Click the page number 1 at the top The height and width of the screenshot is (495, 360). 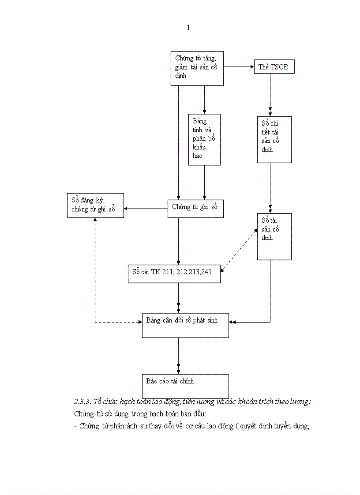tap(188, 28)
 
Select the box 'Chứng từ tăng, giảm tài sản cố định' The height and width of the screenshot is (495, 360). tap(197, 68)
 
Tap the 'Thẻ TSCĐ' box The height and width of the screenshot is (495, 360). tap(274, 67)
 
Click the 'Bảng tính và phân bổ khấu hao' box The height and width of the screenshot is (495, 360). tap(204, 139)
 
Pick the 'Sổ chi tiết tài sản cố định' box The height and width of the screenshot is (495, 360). tap(274, 139)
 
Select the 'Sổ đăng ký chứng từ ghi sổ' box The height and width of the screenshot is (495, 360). tap(96, 205)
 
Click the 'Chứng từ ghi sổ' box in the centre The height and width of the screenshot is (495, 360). tap(195, 208)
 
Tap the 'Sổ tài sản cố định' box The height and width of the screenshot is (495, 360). tap(274, 236)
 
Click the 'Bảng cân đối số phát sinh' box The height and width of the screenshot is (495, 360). tap(185, 325)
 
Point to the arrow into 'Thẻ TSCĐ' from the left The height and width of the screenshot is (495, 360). tap(238, 67)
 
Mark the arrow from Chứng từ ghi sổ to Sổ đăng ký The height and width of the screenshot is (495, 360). tap(146, 208)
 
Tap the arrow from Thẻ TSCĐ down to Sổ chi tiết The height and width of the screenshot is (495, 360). tap(270, 94)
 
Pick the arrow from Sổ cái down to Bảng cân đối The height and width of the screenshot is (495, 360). tap(178, 298)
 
